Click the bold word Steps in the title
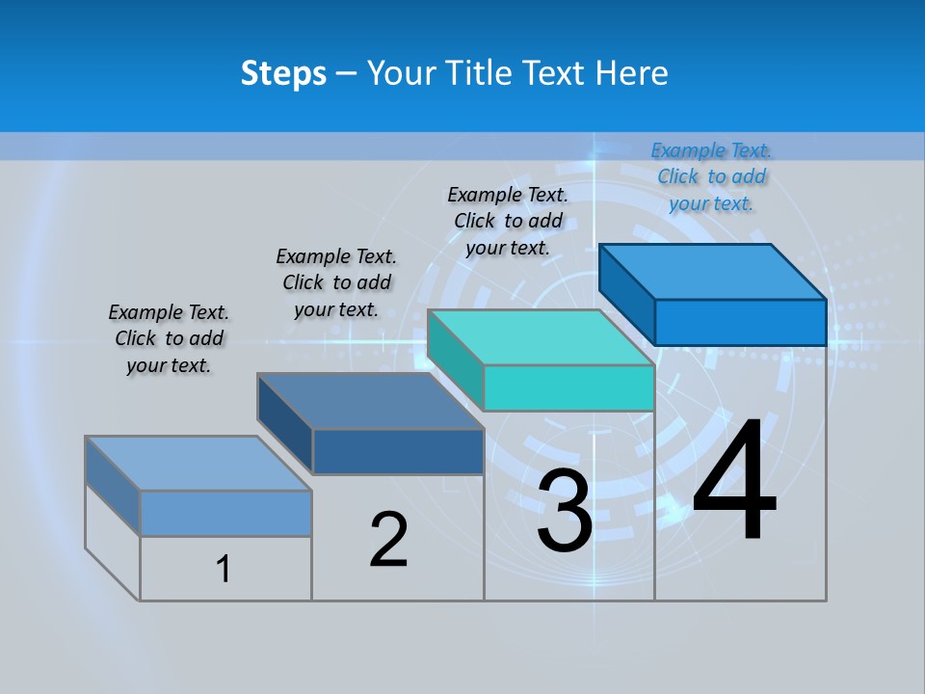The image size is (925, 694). tap(282, 73)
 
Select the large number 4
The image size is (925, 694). tap(734, 482)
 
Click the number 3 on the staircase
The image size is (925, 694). tap(565, 511)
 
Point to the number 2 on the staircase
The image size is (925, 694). tap(388, 541)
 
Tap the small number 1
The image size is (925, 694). tap(224, 570)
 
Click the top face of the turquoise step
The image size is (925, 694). tap(540, 337)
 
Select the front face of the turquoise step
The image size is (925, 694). tap(568, 388)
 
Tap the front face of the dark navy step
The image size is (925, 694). tap(398, 451)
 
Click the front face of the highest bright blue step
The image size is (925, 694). tap(740, 322)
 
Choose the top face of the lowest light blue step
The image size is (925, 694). tap(198, 464)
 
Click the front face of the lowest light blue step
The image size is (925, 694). tap(225, 513)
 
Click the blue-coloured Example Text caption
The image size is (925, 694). tap(711, 176)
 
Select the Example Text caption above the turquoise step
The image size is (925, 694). tap(508, 221)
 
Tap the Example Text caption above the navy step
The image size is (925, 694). tap(336, 282)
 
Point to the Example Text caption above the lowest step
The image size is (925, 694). tap(169, 338)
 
